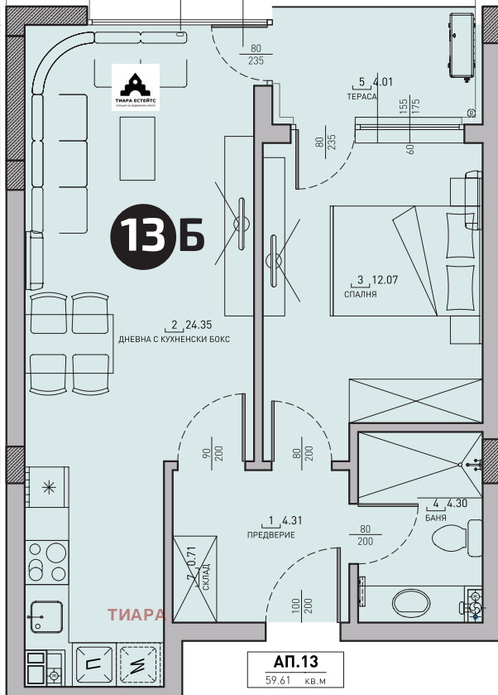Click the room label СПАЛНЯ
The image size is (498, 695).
[x=362, y=294]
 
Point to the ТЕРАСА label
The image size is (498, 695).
[x=362, y=97]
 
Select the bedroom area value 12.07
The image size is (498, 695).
[x=382, y=280]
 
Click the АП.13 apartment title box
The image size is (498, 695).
[x=295, y=662]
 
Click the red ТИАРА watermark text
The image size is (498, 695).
[x=136, y=615]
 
